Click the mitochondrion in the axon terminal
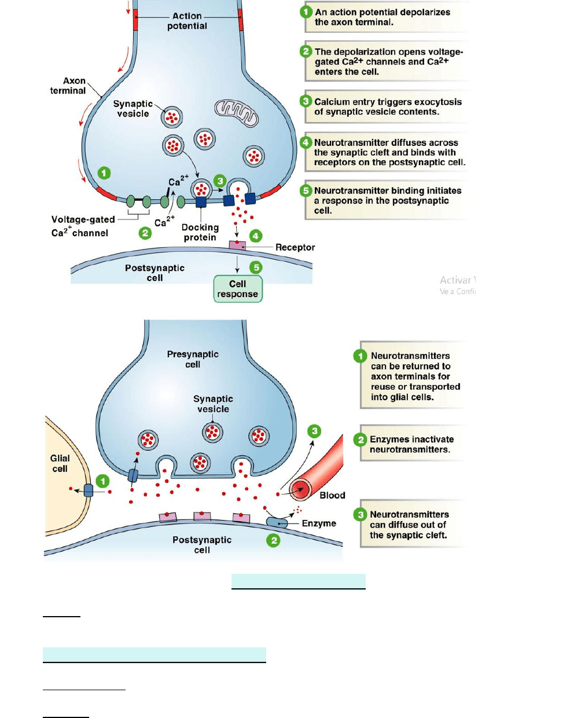[236, 112]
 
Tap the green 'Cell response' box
[238, 289]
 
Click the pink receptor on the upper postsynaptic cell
[237, 246]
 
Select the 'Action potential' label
[187, 21]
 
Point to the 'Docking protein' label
[200, 232]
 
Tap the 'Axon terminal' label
[69, 86]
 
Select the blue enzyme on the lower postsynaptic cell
[277, 523]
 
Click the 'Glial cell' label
[60, 463]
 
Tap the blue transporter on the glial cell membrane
[89, 490]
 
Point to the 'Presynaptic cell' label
[193, 359]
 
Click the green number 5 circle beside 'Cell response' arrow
[256, 267]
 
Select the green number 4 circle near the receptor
[256, 236]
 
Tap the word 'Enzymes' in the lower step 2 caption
[390, 439]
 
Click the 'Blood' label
[332, 496]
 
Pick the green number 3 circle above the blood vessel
[314, 431]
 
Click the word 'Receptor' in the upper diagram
[295, 247]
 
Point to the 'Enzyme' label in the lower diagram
[319, 523]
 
